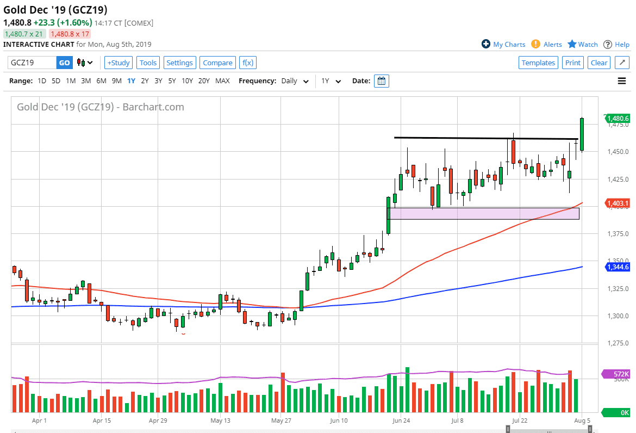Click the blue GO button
64,63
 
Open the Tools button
148,63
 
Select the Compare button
217,63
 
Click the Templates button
538,63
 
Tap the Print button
572,63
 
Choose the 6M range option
101,81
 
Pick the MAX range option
222,81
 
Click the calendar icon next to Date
382,81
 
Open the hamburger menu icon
622,81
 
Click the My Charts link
503,45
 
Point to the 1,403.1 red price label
618,203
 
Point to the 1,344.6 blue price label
618,267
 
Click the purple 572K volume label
618,374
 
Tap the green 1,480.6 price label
618,118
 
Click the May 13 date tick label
221,420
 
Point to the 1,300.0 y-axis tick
618,316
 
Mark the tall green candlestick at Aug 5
582,134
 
